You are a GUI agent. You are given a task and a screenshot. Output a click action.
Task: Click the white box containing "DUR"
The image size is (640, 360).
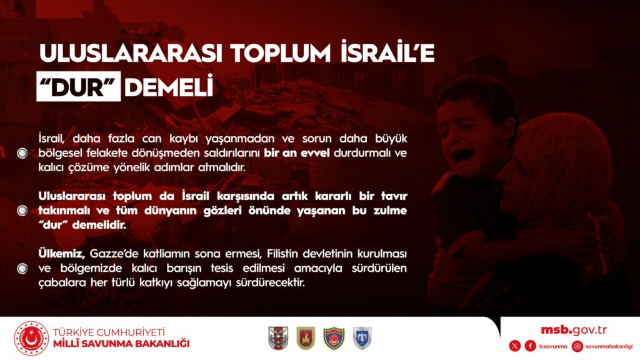pyautogui.click(x=78, y=86)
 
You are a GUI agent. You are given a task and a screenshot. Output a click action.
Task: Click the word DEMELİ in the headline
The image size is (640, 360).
pyautogui.click(x=169, y=86)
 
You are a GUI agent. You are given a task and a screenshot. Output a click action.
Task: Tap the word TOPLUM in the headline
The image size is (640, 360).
pyautogui.click(x=281, y=53)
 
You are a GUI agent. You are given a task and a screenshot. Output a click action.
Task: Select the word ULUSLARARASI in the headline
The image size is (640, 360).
pyautogui.click(x=131, y=53)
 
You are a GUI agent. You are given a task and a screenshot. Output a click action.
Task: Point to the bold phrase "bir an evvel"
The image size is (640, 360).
pyautogui.click(x=297, y=153)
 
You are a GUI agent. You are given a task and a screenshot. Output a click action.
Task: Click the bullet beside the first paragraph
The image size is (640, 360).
pyautogui.click(x=22, y=153)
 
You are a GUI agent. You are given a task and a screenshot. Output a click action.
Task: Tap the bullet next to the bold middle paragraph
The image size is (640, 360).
pyautogui.click(x=22, y=211)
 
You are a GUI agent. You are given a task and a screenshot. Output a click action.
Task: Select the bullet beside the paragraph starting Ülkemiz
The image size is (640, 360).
pyautogui.click(x=22, y=269)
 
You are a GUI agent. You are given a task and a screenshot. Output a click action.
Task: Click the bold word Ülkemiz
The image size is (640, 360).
pyautogui.click(x=61, y=254)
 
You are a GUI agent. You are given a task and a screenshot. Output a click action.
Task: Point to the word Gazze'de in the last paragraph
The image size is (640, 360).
pyautogui.click(x=114, y=254)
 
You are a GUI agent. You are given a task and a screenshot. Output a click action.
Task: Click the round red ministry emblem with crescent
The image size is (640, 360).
pyautogui.click(x=31, y=338)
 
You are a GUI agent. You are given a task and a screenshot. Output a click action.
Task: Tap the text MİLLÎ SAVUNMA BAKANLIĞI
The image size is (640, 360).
pyautogui.click(x=121, y=344)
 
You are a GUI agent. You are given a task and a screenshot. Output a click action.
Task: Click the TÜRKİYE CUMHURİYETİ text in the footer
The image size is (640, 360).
pyautogui.click(x=109, y=332)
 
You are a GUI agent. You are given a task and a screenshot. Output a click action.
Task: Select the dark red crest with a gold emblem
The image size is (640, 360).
pyautogui.click(x=306, y=338)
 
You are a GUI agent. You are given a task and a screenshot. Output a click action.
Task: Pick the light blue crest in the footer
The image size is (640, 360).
pyautogui.click(x=362, y=338)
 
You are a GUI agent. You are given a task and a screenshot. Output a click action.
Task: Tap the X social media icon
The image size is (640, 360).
pyautogui.click(x=515, y=346)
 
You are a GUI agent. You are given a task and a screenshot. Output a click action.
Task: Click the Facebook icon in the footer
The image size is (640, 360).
pyautogui.click(x=530, y=346)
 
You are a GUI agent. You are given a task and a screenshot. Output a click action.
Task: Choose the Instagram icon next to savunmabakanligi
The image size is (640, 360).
pyautogui.click(x=577, y=346)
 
